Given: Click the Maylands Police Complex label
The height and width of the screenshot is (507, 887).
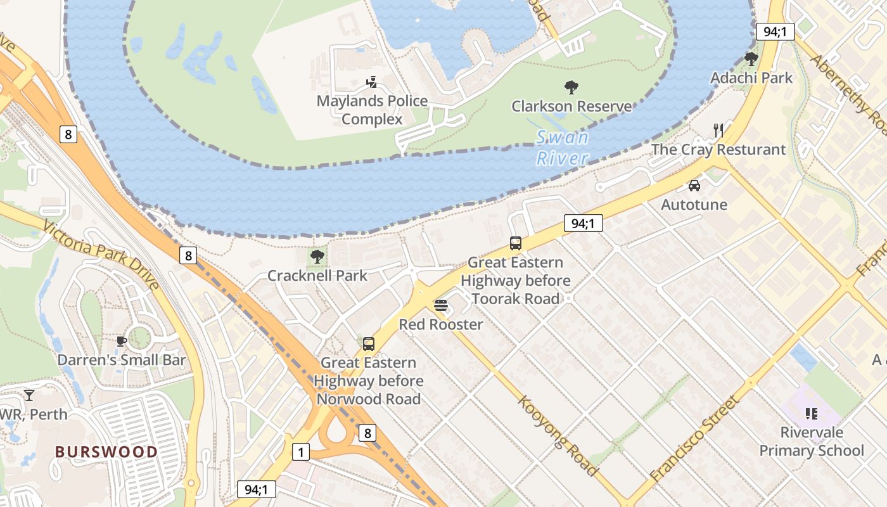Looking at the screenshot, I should (x=372, y=110).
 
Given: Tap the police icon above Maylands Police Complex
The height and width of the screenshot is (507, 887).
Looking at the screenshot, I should (x=372, y=82).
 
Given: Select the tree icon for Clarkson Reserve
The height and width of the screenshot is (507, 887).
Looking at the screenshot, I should (x=571, y=87).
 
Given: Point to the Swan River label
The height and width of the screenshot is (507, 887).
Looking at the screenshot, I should (x=562, y=148).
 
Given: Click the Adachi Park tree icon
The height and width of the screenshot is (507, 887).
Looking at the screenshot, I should (x=751, y=59).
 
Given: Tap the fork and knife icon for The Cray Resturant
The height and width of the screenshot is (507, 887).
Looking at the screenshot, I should (x=718, y=131).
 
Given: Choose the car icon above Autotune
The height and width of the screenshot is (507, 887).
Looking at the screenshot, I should (x=694, y=186).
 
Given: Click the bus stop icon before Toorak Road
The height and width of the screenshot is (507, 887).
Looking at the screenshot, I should (x=516, y=243).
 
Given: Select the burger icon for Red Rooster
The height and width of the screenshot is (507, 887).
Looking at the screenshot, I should (x=441, y=305).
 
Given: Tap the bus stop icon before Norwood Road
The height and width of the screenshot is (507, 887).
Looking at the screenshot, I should (x=368, y=344).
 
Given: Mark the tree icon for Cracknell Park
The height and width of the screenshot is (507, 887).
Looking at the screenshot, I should (x=317, y=257).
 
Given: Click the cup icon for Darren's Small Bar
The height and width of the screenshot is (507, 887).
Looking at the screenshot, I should (x=122, y=342).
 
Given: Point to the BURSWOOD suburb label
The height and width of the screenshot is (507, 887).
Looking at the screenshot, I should (x=106, y=452).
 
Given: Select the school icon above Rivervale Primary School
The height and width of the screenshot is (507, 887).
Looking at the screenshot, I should (x=812, y=414).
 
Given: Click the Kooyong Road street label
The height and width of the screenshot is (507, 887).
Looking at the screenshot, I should (x=558, y=436).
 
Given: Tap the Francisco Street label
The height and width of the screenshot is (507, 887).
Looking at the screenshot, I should (x=694, y=438).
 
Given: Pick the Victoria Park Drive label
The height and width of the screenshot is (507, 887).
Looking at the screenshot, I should (x=101, y=253).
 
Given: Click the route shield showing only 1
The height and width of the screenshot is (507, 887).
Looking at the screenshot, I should (x=301, y=452).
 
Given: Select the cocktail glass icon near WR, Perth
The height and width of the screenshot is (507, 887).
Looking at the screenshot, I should (x=29, y=395).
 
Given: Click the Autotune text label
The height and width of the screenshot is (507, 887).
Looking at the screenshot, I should (x=694, y=205).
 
